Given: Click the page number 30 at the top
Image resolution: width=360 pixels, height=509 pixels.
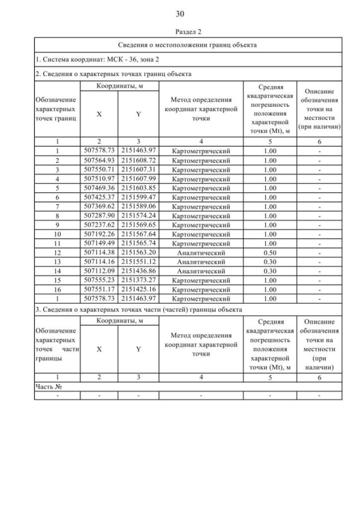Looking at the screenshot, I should point(180,13).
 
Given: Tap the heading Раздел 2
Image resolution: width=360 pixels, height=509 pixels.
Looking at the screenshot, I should point(180,32).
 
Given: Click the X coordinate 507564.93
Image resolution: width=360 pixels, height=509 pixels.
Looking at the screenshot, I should point(99,160).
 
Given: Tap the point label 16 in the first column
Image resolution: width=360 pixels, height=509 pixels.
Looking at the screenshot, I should point(57,289).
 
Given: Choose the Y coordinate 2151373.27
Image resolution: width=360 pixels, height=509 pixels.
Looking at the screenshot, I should point(138,280).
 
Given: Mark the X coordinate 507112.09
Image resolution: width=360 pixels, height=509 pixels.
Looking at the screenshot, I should point(99,271).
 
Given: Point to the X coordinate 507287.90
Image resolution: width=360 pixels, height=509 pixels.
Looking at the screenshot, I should point(99,215).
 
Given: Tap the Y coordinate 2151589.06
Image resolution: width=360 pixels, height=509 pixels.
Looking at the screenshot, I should point(138,206).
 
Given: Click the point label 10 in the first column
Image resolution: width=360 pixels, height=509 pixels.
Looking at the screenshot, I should point(57,234).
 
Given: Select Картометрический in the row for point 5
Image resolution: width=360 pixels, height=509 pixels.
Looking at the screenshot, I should point(201,188).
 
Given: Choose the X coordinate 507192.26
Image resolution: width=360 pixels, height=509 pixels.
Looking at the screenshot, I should point(99,234).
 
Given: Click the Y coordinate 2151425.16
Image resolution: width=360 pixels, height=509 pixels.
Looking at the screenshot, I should point(138,289).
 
